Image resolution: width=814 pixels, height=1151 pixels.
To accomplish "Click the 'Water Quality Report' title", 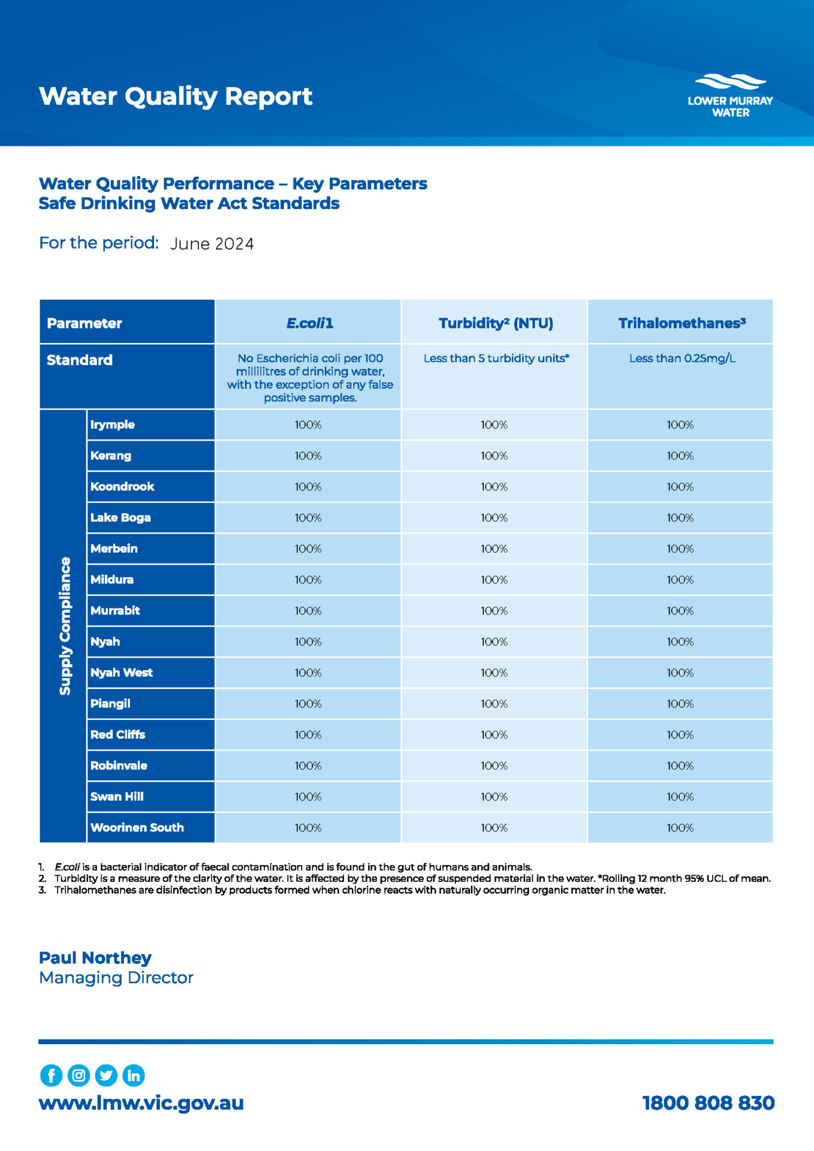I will click(x=176, y=97).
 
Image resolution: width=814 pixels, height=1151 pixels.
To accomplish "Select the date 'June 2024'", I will click(x=212, y=244).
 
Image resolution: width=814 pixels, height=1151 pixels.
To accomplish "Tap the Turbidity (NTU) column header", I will click(x=495, y=323).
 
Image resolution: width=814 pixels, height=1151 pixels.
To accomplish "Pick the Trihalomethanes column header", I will click(x=682, y=323).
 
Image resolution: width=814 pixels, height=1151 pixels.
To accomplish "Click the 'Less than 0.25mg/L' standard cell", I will click(x=682, y=358).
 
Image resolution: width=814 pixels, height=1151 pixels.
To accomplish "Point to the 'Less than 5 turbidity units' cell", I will click(x=496, y=358).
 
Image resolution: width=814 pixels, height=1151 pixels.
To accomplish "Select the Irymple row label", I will click(x=113, y=424).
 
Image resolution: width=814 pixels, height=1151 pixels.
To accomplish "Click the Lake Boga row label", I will click(x=120, y=517).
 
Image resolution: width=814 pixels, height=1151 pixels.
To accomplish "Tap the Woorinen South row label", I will click(x=137, y=827).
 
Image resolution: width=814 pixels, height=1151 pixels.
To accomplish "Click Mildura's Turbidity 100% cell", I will click(x=494, y=580).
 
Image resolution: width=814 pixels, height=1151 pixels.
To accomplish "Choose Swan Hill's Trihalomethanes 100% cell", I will click(x=680, y=797).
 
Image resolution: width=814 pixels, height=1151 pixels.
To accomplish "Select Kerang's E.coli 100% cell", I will click(x=308, y=456).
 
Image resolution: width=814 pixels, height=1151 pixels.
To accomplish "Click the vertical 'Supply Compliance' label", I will click(x=64, y=626).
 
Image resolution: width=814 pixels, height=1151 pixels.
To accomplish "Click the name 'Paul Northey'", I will click(x=95, y=957).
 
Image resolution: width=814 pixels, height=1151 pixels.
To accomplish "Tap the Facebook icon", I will click(x=51, y=1075).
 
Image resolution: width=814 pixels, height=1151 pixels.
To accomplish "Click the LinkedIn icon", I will click(x=133, y=1075).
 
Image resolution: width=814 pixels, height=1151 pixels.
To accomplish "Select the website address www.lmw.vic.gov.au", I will click(x=141, y=1102).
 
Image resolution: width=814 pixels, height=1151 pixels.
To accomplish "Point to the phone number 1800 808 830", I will click(x=708, y=1102).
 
